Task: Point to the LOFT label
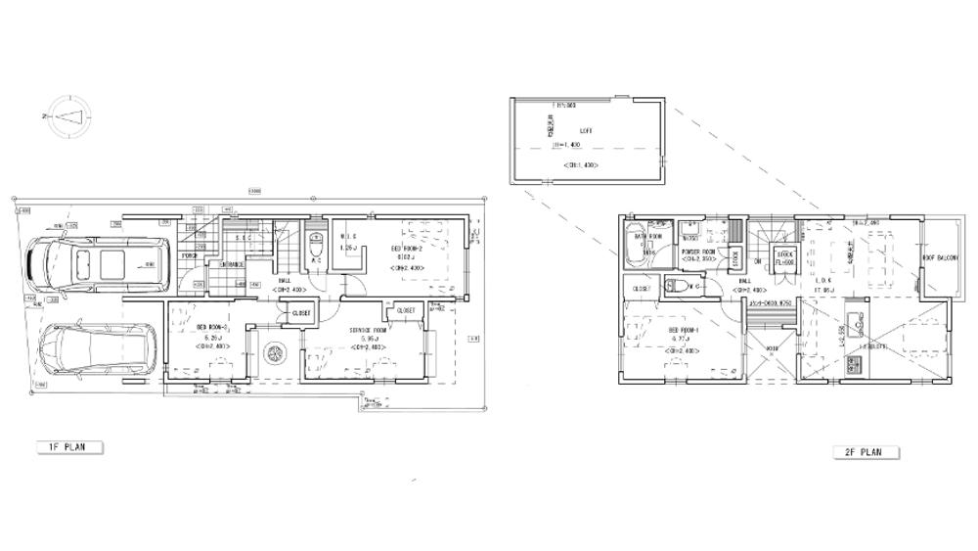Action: (x=586, y=130)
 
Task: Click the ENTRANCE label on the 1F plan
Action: (x=231, y=264)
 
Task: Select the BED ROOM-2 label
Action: (x=409, y=249)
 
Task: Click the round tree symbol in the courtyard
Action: (x=275, y=352)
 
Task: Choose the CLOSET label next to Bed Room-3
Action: (x=301, y=313)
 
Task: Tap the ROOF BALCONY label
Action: (x=939, y=258)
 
